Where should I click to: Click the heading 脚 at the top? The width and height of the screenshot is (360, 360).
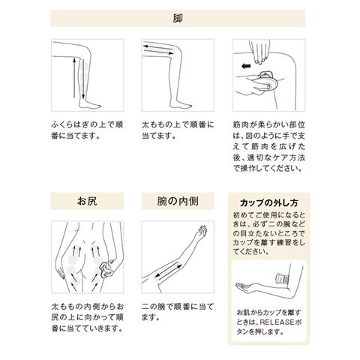(178, 19)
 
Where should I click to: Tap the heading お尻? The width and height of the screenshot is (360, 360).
(87, 201)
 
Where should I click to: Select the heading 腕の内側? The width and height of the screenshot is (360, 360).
(178, 201)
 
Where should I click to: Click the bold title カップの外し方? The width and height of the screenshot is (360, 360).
(269, 202)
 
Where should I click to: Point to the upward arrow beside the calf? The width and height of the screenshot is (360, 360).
(74, 77)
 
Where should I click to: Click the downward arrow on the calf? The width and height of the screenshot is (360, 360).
(83, 79)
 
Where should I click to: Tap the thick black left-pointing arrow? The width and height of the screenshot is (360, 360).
(246, 66)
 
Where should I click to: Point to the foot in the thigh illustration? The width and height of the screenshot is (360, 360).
(181, 104)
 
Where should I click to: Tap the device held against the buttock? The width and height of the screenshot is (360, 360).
(106, 269)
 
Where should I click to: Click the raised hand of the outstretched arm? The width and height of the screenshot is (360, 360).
(202, 232)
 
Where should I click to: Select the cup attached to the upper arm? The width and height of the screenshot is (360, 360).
(283, 279)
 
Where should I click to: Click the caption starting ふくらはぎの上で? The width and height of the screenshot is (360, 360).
(87, 130)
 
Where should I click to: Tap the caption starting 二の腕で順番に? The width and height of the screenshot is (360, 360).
(178, 312)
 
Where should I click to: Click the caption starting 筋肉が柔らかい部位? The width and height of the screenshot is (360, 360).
(269, 147)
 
